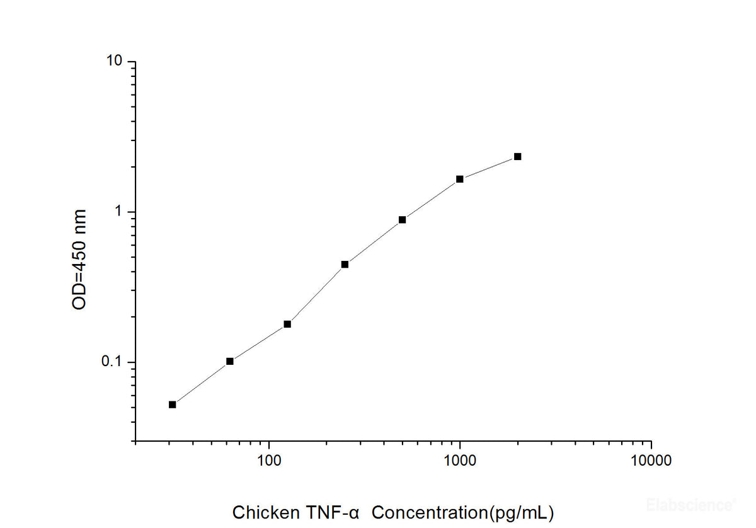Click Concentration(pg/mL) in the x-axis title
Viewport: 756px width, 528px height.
tap(463, 512)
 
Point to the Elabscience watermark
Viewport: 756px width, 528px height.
tap(691, 504)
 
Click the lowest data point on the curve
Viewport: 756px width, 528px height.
tap(173, 405)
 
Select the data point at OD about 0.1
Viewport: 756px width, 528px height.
tap(230, 361)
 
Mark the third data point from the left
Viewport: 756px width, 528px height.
tap(287, 324)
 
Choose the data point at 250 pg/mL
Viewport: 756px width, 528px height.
tap(345, 265)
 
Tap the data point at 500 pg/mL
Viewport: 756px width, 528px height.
tap(402, 220)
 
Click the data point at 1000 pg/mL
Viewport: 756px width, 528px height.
tap(460, 179)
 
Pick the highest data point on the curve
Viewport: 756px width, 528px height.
tap(517, 156)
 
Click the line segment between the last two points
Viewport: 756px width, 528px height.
tap(489, 168)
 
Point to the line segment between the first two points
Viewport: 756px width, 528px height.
tap(202, 382)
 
